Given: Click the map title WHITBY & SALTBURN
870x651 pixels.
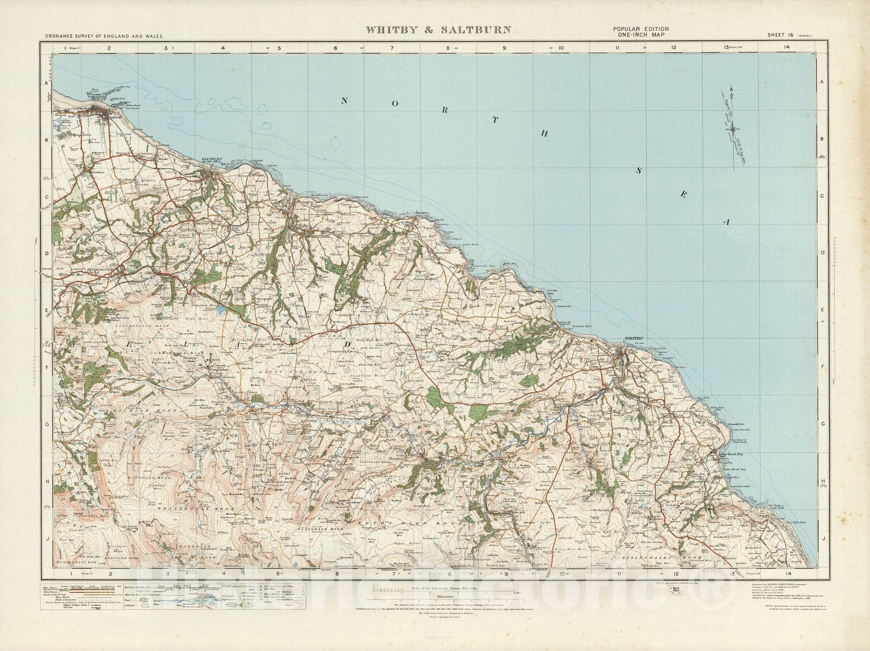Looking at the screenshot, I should point(434,30).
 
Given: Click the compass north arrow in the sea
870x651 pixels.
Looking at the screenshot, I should point(732,128).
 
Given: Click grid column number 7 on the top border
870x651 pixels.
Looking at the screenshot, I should point(392,48).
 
